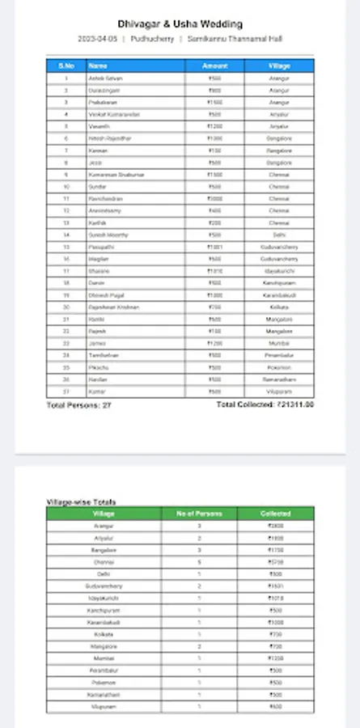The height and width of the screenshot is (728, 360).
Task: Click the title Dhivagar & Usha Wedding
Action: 180,24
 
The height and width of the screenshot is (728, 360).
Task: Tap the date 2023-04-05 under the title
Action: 98,39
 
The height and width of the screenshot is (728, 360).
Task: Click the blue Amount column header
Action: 214,65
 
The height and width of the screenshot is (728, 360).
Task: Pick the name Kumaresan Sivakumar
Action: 108,174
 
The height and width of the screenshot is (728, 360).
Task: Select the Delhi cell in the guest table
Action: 279,235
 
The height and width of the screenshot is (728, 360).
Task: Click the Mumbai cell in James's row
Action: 279,343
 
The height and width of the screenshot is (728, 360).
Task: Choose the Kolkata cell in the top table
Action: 279,307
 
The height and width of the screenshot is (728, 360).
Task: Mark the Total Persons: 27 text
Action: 79,404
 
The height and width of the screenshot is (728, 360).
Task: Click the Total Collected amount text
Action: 265,404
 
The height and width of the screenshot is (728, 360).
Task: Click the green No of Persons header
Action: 205,514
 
